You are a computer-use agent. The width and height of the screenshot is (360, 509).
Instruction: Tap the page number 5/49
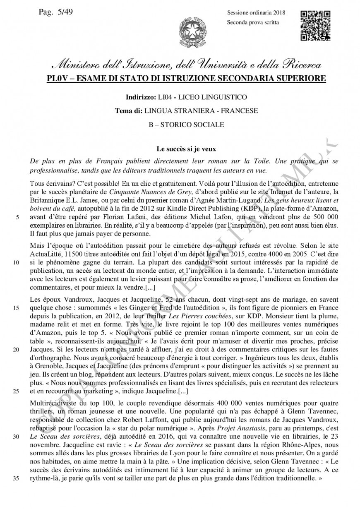point(56,12)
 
